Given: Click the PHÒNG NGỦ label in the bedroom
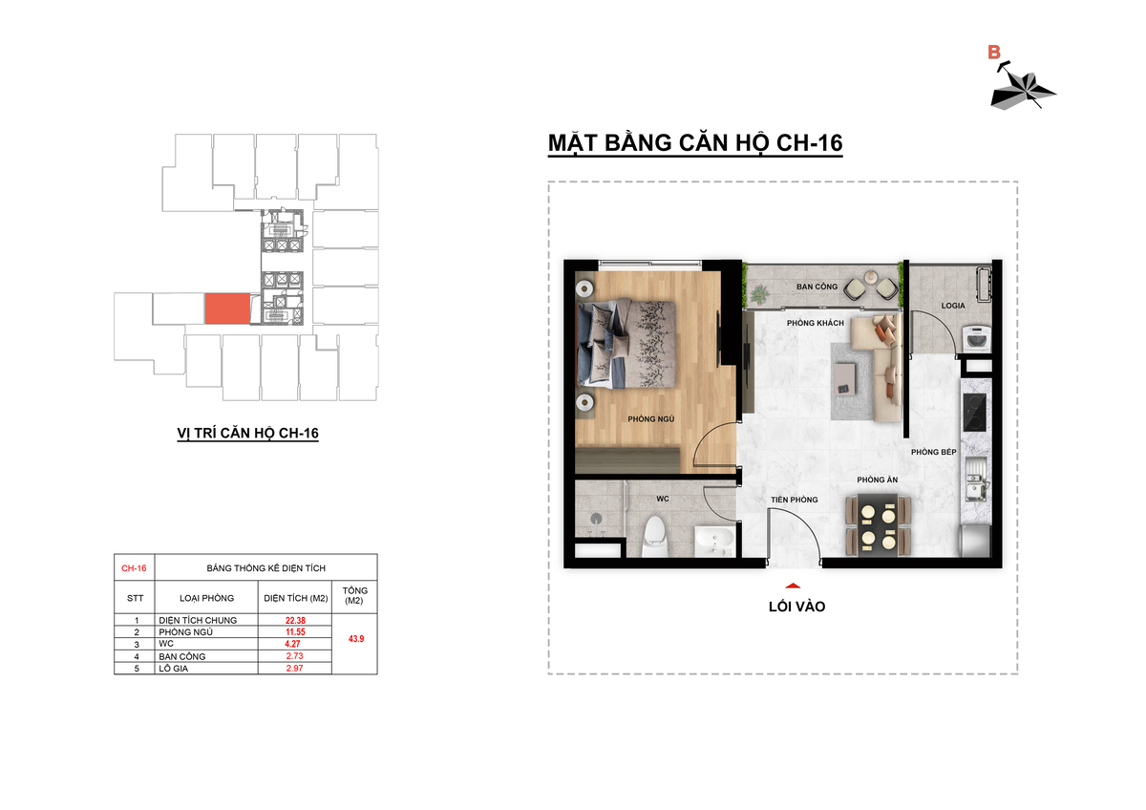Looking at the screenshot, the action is pyautogui.click(x=650, y=419).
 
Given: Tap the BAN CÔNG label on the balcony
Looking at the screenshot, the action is pyautogui.click(x=817, y=287).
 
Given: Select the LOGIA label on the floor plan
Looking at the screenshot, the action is pyautogui.click(x=953, y=306).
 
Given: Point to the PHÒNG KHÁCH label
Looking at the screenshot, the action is pyautogui.click(x=816, y=323).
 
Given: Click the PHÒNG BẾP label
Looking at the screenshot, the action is pyautogui.click(x=934, y=452).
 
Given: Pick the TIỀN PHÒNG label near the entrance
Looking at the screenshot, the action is pyautogui.click(x=795, y=500).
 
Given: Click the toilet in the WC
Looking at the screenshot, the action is pyautogui.click(x=655, y=537).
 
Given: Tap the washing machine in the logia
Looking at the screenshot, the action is pyautogui.click(x=976, y=339).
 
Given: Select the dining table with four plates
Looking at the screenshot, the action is pyautogui.click(x=879, y=524).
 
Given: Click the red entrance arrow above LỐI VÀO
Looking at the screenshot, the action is pyautogui.click(x=793, y=586).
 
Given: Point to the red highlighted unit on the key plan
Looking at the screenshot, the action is pyautogui.click(x=227, y=309).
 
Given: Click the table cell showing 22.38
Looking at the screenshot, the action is pyautogui.click(x=295, y=620).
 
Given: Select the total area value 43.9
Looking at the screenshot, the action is pyautogui.click(x=356, y=639).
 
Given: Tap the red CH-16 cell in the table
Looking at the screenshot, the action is pyautogui.click(x=134, y=568).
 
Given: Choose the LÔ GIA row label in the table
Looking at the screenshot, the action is pyautogui.click(x=174, y=669).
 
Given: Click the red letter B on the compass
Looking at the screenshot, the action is pyautogui.click(x=993, y=53).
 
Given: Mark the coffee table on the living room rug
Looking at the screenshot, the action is pyautogui.click(x=844, y=378).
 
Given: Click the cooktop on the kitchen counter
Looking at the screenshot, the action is pyautogui.click(x=974, y=412).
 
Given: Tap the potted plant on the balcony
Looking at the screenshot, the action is pyautogui.click(x=760, y=294).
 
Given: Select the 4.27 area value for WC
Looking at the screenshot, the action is pyautogui.click(x=292, y=644).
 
